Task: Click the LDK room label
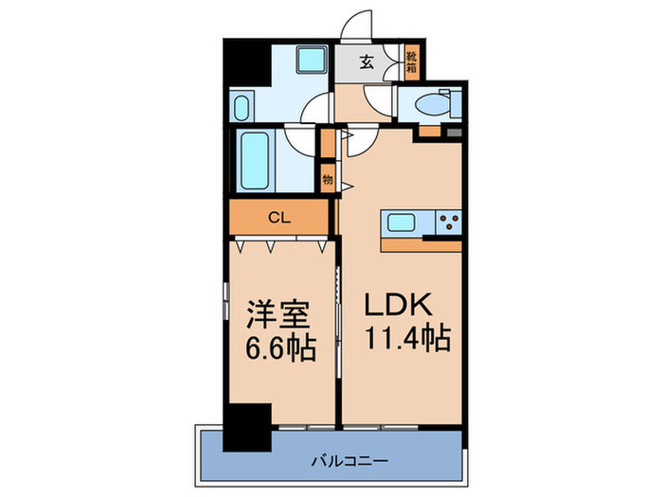click(x=399, y=306)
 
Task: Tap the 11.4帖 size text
click(x=407, y=337)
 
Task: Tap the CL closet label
click(x=278, y=218)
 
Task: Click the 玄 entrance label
click(x=366, y=64)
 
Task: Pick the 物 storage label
click(x=328, y=178)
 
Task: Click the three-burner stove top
click(x=447, y=224)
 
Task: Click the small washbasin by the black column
click(x=242, y=103)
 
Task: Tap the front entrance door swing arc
click(x=357, y=26)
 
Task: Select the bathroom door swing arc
click(x=301, y=142)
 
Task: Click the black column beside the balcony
click(x=245, y=427)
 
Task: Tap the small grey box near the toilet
click(x=456, y=131)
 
